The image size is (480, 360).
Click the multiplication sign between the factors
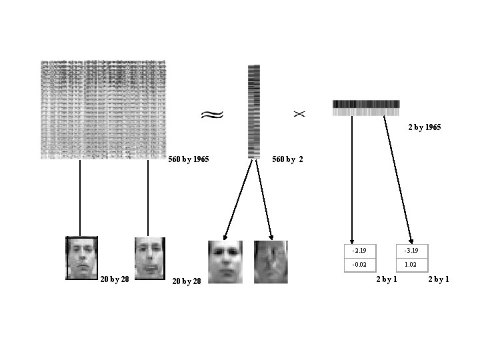point(299,114)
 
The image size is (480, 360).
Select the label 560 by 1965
point(189,160)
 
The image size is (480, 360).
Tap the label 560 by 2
point(288,160)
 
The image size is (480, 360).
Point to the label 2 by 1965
point(424,127)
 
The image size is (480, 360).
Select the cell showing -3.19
point(412,251)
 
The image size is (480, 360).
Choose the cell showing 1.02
point(412,265)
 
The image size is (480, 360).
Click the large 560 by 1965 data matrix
point(103,109)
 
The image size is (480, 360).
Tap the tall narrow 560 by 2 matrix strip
point(253,111)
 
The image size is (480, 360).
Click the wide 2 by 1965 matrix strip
point(366,108)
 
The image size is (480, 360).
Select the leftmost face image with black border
point(81,257)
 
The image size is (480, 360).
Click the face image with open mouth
point(149,257)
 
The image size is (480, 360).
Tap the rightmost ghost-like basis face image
point(271,261)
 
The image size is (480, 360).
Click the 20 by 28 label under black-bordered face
point(114,279)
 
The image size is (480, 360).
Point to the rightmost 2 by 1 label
point(438,279)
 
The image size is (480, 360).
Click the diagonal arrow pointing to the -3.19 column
point(398,180)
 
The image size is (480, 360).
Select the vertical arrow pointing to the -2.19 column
point(352,180)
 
